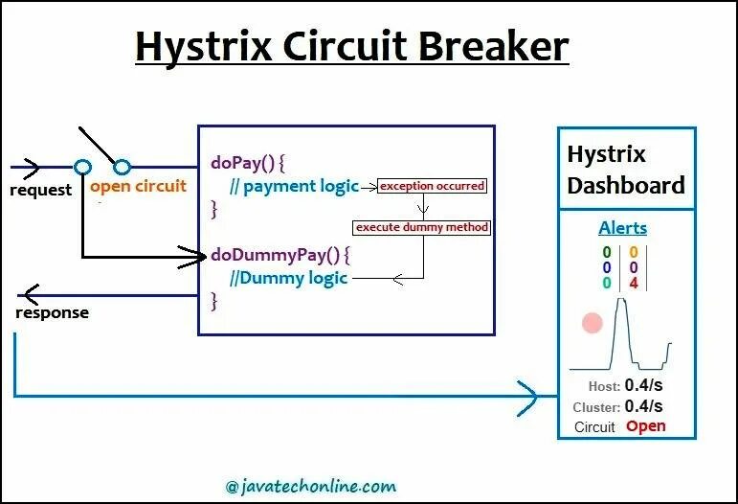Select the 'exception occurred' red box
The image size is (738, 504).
pyautogui.click(x=432, y=185)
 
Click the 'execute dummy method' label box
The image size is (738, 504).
pyautogui.click(x=422, y=227)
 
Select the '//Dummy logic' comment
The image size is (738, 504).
pyautogui.click(x=288, y=278)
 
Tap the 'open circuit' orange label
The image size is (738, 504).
pyautogui.click(x=138, y=186)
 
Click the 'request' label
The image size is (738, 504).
pyautogui.click(x=40, y=190)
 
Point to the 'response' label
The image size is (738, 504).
pyautogui.click(x=53, y=312)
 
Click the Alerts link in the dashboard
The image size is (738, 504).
pyautogui.click(x=622, y=228)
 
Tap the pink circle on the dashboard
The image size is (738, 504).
pyautogui.click(x=593, y=323)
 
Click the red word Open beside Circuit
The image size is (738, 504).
pyautogui.click(x=645, y=426)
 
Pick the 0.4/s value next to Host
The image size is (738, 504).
pyautogui.click(x=643, y=385)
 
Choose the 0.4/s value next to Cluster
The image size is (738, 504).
pyautogui.click(x=643, y=406)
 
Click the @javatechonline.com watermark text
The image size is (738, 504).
pyautogui.click(x=311, y=486)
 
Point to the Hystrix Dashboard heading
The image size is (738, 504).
pyautogui.click(x=626, y=170)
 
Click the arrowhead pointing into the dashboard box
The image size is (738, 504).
pyautogui.click(x=528, y=396)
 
